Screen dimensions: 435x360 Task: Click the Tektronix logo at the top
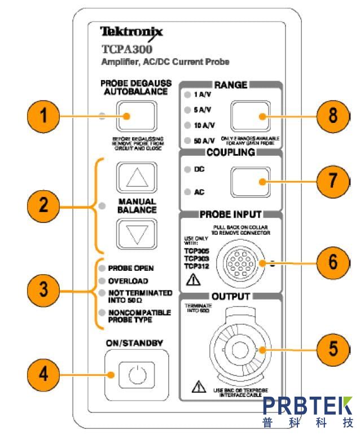click(131, 32)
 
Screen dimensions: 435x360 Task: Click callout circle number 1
click(44, 117)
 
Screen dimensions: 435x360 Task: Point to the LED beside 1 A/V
click(187, 96)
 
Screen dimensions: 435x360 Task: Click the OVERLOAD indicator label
click(128, 281)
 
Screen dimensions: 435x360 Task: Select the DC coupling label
click(199, 169)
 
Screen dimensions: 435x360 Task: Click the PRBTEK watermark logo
click(308, 411)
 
